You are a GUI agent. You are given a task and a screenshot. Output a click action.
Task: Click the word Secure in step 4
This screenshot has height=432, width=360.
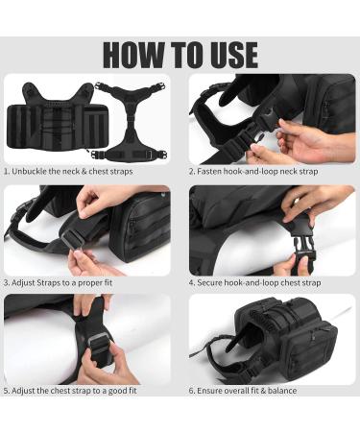coord(209,283)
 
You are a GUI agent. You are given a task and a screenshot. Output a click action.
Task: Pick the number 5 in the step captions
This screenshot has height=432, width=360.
coord(6,391)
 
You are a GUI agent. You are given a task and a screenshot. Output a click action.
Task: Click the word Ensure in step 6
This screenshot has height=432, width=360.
coord(209,391)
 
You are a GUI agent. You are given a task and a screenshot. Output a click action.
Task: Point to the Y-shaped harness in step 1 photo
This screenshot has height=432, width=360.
coord(130,121)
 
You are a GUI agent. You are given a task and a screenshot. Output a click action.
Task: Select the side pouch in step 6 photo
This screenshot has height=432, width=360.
coord(311,349)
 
